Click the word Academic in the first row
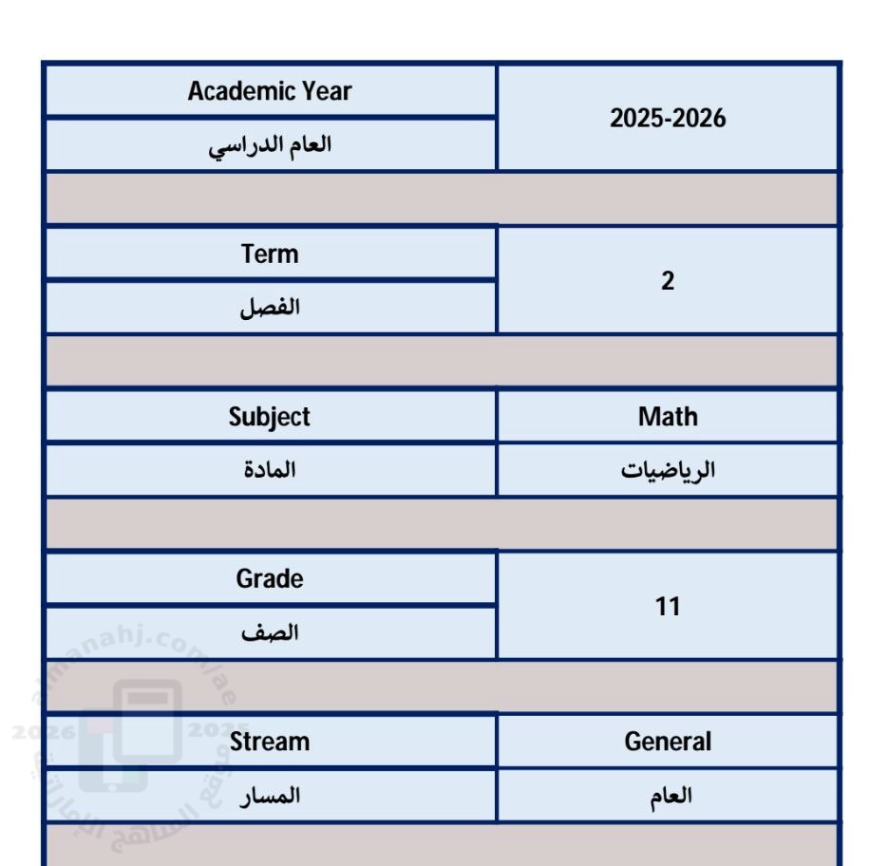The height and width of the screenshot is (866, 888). coord(242,91)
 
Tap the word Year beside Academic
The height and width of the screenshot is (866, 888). coord(327,91)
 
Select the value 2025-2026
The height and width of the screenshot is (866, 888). coord(668,119)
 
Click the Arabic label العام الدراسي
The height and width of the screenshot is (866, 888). coord(270,145)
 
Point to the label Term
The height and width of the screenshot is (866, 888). coord(270,254)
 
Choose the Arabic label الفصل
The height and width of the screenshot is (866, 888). coord(270,308)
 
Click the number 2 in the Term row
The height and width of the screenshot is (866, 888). coord(668,281)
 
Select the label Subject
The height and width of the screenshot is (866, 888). coord(270,417)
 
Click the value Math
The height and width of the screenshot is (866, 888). coord(668,417)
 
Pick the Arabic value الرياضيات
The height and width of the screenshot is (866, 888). coord(668,470)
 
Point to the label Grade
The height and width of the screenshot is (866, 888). coord(270,579)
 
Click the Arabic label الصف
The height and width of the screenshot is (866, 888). coord(270,633)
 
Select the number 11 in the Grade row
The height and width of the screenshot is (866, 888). coord(668,606)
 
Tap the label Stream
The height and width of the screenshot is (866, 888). coord(270,742)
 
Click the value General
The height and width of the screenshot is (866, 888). coord(668,742)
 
